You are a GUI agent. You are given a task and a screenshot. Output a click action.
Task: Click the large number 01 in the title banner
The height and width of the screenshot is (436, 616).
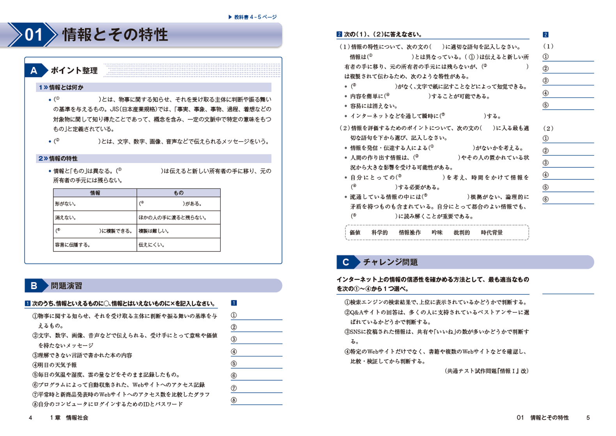click(33, 35)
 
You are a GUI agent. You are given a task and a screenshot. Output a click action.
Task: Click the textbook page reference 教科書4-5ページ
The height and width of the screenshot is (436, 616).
click(253, 17)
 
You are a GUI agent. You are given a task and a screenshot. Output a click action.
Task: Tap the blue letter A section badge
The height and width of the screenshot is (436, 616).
click(34, 71)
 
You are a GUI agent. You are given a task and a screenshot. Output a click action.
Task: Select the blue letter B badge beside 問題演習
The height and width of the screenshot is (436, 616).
click(34, 286)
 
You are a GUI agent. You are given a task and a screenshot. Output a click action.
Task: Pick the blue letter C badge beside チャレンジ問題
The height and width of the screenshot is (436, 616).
click(346, 262)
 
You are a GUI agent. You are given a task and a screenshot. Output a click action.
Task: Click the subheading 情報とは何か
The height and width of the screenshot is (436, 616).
click(66, 87)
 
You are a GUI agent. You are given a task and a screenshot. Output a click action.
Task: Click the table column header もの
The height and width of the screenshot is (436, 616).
click(178, 193)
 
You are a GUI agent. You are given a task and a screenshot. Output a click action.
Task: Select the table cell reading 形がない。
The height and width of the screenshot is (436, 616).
click(65, 204)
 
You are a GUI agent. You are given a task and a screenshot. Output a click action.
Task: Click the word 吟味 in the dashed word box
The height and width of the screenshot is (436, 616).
click(437, 232)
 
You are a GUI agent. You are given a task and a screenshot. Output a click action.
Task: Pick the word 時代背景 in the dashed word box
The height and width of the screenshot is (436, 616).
click(492, 232)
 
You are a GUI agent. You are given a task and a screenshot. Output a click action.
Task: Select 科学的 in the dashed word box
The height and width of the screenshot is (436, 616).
click(379, 232)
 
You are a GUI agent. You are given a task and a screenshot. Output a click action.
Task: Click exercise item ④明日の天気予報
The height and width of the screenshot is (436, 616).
click(55, 365)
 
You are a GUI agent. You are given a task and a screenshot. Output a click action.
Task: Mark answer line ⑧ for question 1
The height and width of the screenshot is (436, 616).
click(257, 401)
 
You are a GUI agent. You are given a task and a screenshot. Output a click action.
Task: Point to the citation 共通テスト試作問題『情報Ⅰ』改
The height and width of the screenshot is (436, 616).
click(487, 371)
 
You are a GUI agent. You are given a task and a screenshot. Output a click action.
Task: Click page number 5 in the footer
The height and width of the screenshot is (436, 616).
click(588, 418)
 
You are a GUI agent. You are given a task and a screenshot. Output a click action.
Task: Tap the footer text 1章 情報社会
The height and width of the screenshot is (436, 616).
click(69, 418)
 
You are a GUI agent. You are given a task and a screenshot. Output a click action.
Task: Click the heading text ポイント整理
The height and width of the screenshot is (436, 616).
click(74, 71)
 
